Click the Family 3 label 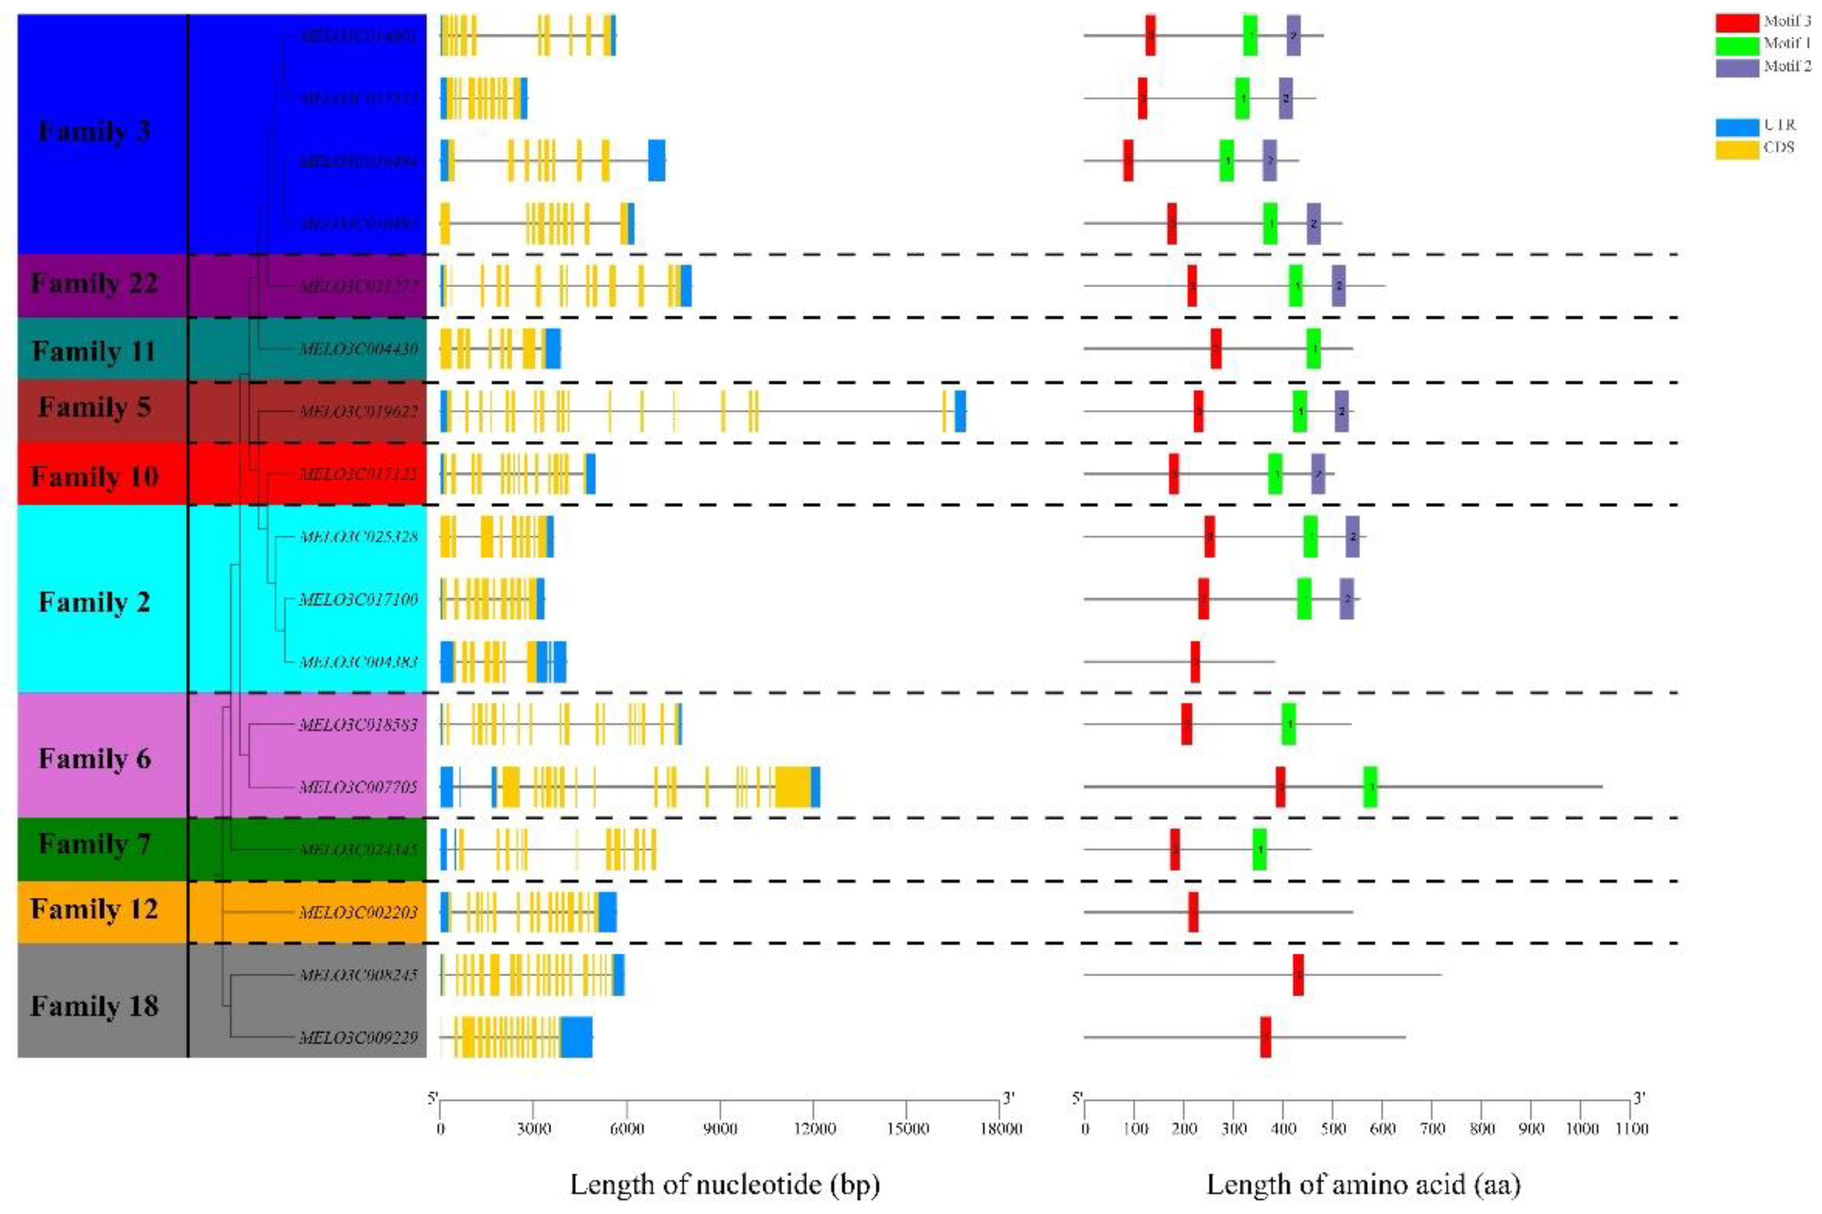pyautogui.click(x=95, y=132)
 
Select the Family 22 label pyautogui.click(x=95, y=284)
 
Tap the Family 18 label pyautogui.click(x=95, y=1007)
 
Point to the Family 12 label pyautogui.click(x=95, y=909)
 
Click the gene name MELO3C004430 pyautogui.click(x=359, y=349)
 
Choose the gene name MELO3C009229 pyautogui.click(x=359, y=1038)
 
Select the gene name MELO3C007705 pyautogui.click(x=359, y=787)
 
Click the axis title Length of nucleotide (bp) pyautogui.click(x=725, y=1185)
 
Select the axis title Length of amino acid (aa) pyautogui.click(x=1363, y=1185)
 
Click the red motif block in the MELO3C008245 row pyautogui.click(x=1298, y=975)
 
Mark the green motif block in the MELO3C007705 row pyautogui.click(x=1370, y=787)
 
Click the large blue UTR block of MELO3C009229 pyautogui.click(x=577, y=1038)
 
